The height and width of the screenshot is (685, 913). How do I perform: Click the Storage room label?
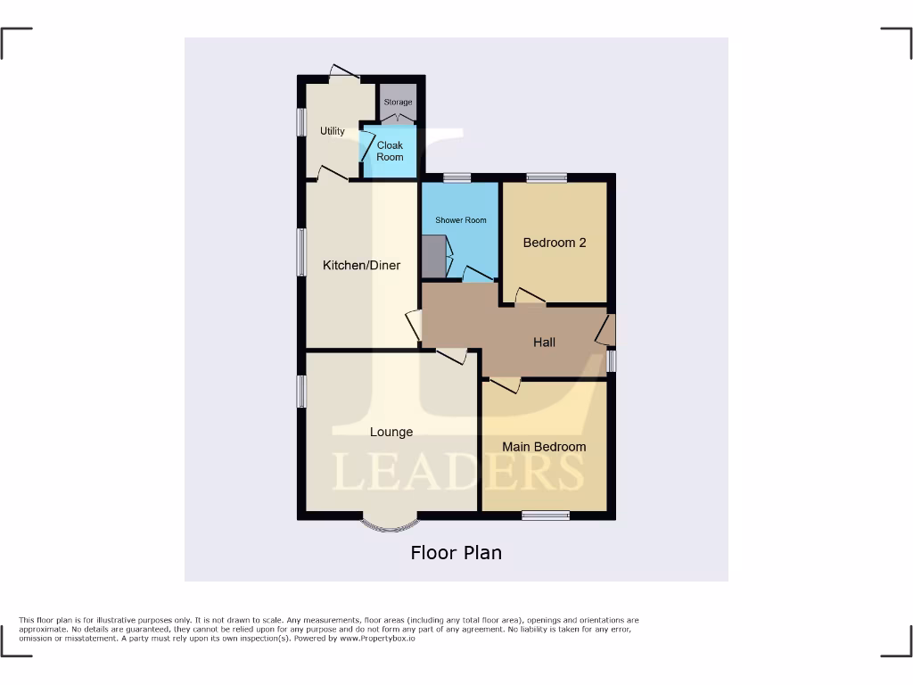tap(398, 103)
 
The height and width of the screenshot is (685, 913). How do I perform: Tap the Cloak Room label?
tap(390, 151)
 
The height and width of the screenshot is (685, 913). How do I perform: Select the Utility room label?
tap(333, 131)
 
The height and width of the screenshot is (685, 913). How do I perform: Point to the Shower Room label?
tap(461, 220)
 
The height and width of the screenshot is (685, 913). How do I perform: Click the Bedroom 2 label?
tap(555, 243)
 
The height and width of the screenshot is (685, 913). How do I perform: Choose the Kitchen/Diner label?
tap(361, 266)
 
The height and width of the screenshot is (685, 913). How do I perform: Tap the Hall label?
tap(544, 342)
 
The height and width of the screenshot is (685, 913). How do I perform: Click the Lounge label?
tap(391, 433)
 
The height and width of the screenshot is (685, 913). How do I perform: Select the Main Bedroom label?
tap(544, 447)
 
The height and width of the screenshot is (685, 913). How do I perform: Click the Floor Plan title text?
tap(456, 553)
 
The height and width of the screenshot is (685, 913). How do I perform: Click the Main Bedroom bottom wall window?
tap(546, 515)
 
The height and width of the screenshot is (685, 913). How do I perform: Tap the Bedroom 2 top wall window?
tap(545, 177)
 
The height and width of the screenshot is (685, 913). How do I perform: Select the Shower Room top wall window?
tap(457, 177)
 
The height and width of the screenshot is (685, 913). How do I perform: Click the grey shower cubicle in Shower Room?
tap(431, 256)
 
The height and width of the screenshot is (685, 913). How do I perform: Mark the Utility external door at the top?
tap(339, 75)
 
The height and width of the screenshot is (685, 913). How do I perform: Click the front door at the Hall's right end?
tap(607, 330)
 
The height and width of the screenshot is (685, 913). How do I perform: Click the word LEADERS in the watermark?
tap(458, 472)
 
